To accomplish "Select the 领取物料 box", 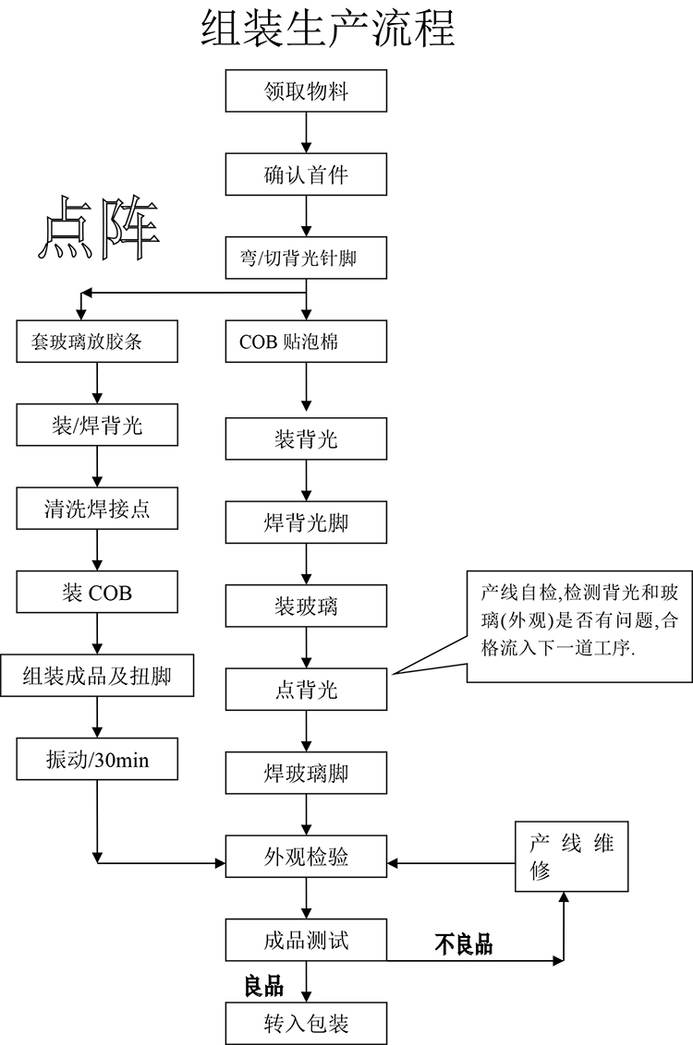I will tap(306, 92).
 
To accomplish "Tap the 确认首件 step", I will tap(306, 174).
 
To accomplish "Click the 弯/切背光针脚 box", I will tap(306, 258).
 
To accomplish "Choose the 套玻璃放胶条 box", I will tap(97, 341).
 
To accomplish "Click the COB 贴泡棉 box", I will tap(306, 342).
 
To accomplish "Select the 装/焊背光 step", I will tap(97, 426).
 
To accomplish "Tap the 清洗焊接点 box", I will tap(97, 509).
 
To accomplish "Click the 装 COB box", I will tap(97, 593).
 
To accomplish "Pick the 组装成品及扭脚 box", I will tap(97, 677).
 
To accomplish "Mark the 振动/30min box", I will tap(97, 760).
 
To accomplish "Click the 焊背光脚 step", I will tap(306, 523).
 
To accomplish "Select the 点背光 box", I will tap(306, 691).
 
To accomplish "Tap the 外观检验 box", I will tap(306, 858).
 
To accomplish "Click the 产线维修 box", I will tap(571, 856).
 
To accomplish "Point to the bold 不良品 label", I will tap(464, 944).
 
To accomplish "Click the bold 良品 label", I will tap(263, 986).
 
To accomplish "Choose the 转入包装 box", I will tap(306, 1023).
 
